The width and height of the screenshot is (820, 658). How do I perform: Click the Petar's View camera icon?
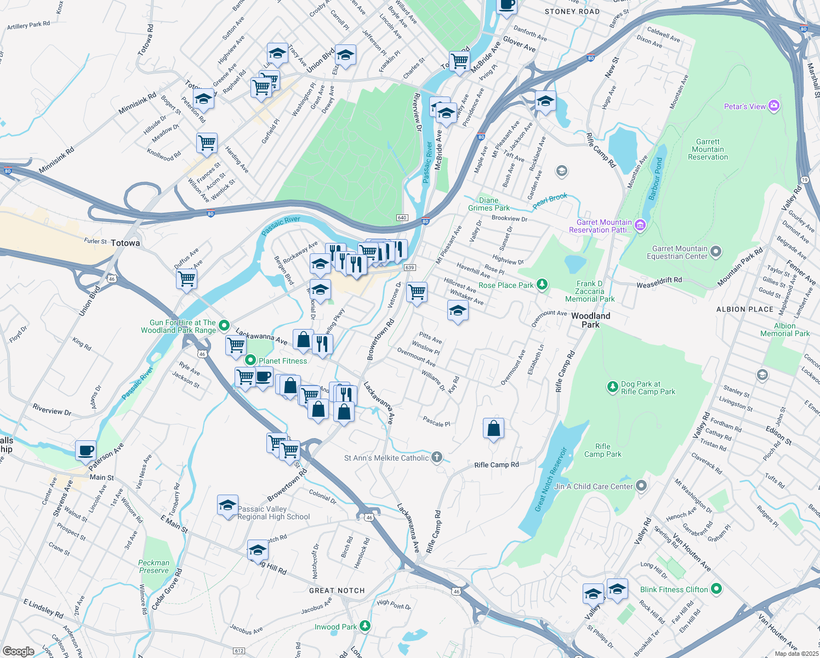coord(773,106)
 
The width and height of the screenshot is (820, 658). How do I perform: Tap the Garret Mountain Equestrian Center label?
coord(677,252)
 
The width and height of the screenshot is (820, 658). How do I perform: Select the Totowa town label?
coord(125,243)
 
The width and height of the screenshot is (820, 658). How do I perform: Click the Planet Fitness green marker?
coord(250,360)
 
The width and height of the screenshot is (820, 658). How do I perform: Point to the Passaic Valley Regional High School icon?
coord(227,506)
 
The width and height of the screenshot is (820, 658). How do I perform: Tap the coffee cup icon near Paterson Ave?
coord(86,451)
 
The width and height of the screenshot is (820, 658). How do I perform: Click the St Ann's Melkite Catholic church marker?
coord(436,457)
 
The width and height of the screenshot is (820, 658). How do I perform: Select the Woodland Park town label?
coord(590,320)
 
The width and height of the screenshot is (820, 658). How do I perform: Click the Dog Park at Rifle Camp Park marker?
coord(612,387)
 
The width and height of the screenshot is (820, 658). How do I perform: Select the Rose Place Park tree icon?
coord(542,284)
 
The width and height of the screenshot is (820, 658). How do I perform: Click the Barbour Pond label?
coord(656,179)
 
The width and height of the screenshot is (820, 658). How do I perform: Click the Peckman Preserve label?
coord(153,566)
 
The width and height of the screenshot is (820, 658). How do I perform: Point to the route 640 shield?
coord(402,218)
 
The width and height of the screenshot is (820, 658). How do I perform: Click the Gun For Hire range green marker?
coord(224,326)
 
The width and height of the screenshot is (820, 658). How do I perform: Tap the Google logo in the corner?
coord(19,651)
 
